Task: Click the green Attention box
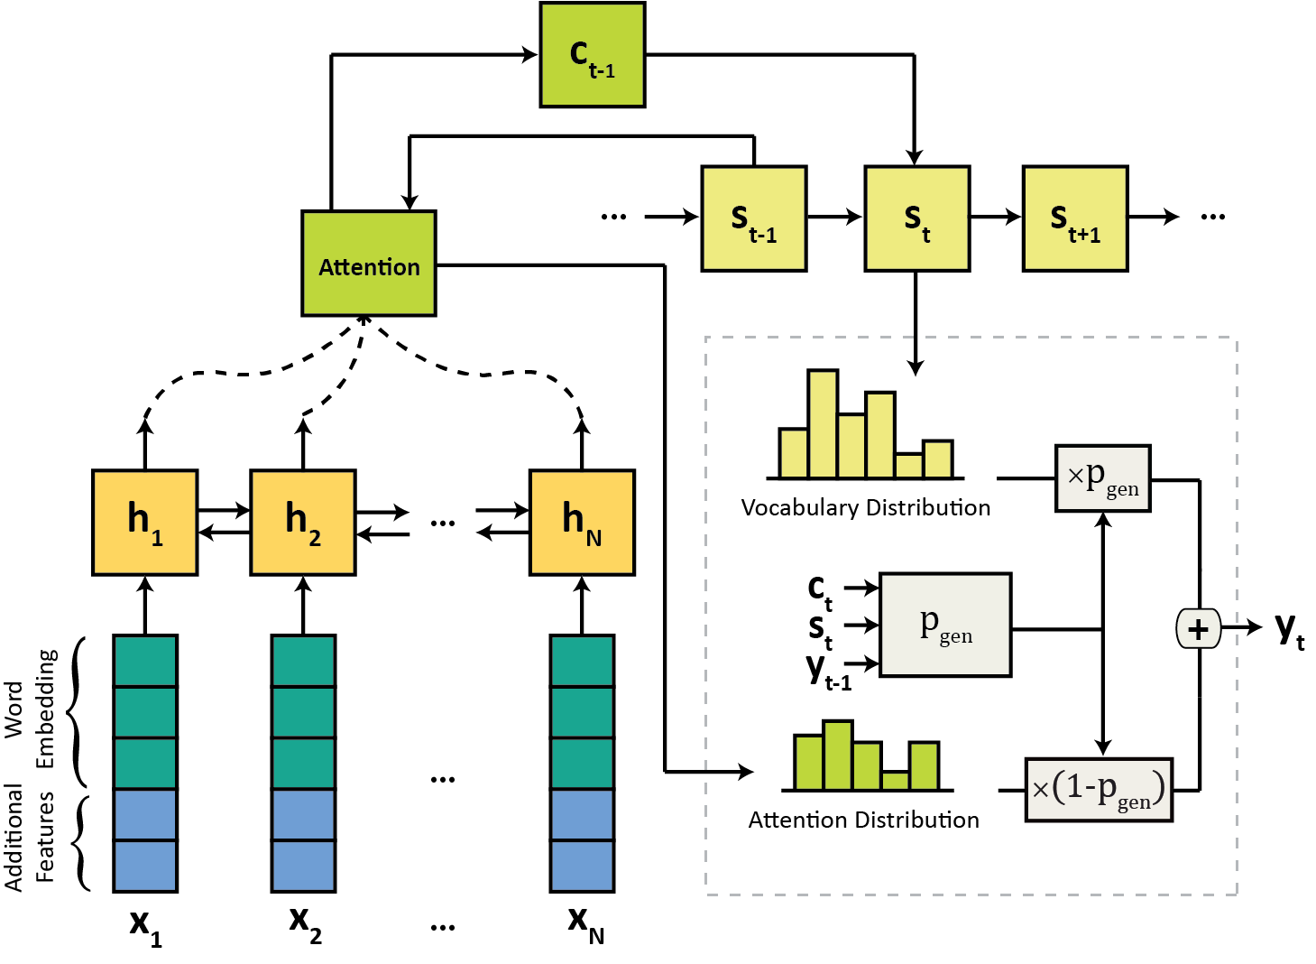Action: click(369, 264)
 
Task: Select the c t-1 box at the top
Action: click(593, 55)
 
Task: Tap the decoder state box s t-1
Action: click(754, 218)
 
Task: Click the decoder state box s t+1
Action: click(1076, 218)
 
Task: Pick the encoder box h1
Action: click(145, 523)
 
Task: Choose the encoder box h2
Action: click(303, 523)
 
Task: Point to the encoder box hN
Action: click(582, 523)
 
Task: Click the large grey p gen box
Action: click(945, 626)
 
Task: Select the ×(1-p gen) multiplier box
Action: click(1100, 790)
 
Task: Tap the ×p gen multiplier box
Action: click(1103, 478)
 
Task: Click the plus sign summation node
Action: click(1199, 629)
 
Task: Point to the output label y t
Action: click(1290, 631)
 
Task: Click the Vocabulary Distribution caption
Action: click(865, 508)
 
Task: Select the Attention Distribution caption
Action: click(863, 820)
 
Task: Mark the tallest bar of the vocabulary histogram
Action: click(823, 424)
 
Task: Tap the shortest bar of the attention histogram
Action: click(896, 781)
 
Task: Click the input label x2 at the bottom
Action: click(306, 923)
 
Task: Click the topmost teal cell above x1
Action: click(145, 661)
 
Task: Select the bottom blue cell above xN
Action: click(582, 867)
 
